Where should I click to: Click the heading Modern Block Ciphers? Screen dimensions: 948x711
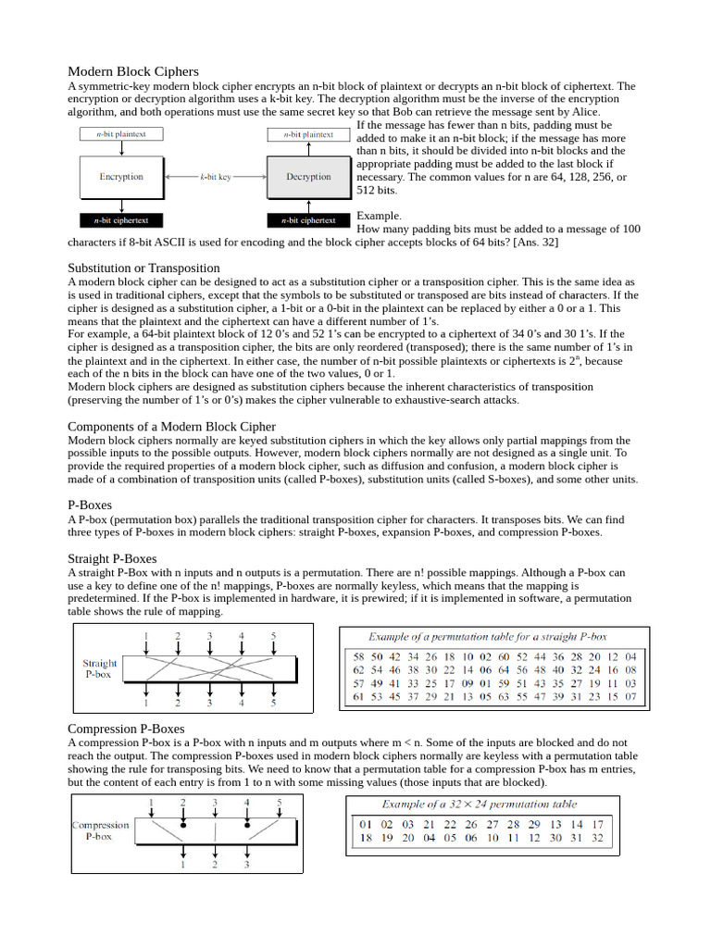[132, 71]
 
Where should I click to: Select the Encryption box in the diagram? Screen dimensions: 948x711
[121, 176]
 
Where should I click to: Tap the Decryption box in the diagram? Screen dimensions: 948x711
[308, 176]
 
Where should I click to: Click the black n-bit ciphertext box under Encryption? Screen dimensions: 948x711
[121, 220]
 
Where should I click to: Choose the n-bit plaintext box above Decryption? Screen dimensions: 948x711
[308, 134]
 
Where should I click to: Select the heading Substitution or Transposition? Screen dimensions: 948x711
[143, 268]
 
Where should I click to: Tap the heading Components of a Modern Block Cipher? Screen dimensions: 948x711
[171, 426]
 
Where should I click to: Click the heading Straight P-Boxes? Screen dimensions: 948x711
[112, 558]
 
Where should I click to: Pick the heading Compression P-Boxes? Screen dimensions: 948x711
[126, 729]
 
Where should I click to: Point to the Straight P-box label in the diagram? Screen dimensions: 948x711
[100, 668]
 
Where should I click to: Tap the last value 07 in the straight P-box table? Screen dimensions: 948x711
[630, 696]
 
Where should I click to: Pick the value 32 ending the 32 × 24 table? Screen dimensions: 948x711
[597, 839]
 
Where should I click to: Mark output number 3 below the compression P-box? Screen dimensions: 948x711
[246, 865]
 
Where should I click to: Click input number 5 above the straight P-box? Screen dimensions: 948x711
[273, 635]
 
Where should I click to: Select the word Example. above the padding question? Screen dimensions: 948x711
[380, 216]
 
